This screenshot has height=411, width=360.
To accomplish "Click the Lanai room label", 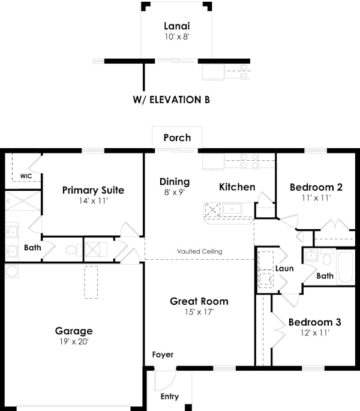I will tap(177, 26).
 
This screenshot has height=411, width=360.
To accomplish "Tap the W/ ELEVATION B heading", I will tap(171, 100).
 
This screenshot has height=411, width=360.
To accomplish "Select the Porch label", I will tap(177, 137).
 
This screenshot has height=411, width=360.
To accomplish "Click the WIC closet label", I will tap(26, 176).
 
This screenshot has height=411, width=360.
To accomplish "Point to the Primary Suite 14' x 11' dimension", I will tap(93, 202).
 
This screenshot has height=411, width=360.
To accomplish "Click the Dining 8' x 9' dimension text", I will tap(175, 193).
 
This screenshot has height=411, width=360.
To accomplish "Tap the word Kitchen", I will tap(237, 187).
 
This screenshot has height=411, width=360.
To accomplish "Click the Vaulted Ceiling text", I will tap(200, 251).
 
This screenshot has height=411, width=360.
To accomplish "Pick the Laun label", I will tap(284, 268).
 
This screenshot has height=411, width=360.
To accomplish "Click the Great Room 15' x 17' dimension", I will tap(199, 312).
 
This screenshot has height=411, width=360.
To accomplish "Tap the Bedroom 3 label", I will tap(314, 322).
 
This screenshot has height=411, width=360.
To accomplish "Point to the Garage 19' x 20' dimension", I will tap(74, 341).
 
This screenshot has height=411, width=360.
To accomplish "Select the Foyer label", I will tap(163, 355).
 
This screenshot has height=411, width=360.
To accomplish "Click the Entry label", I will tap(169, 397).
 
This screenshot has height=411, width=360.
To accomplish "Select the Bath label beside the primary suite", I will tap(32, 247).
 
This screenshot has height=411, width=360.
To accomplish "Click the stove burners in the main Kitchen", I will tap(249, 161).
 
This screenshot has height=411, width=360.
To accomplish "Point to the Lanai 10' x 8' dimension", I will tap(177, 37).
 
